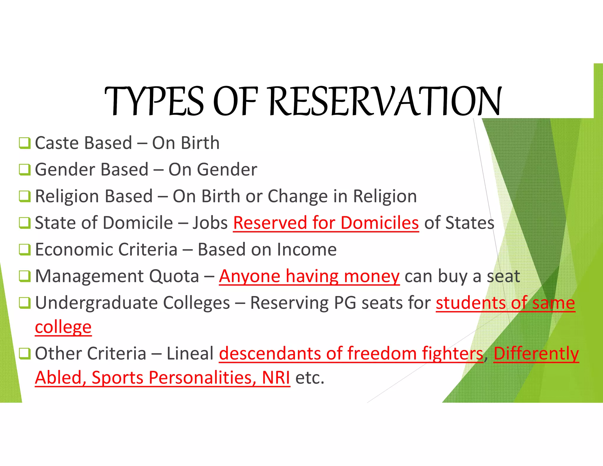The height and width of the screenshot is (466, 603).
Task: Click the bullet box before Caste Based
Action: coord(24,143)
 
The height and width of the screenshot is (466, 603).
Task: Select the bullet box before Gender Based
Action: coord(24,170)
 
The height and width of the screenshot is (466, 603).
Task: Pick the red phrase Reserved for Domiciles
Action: coord(326,223)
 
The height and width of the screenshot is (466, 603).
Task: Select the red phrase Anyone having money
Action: coord(309,277)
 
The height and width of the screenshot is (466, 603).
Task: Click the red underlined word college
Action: coord(63,327)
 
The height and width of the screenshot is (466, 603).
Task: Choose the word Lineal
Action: coord(190,353)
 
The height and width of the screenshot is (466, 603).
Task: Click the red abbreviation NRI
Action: coord(276,378)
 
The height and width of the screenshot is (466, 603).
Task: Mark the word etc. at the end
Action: coord(309,378)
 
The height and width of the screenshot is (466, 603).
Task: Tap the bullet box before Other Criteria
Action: coord(24,354)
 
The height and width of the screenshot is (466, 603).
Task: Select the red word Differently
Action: coord(536,353)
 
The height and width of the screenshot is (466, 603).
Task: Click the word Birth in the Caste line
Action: coord(200,143)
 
